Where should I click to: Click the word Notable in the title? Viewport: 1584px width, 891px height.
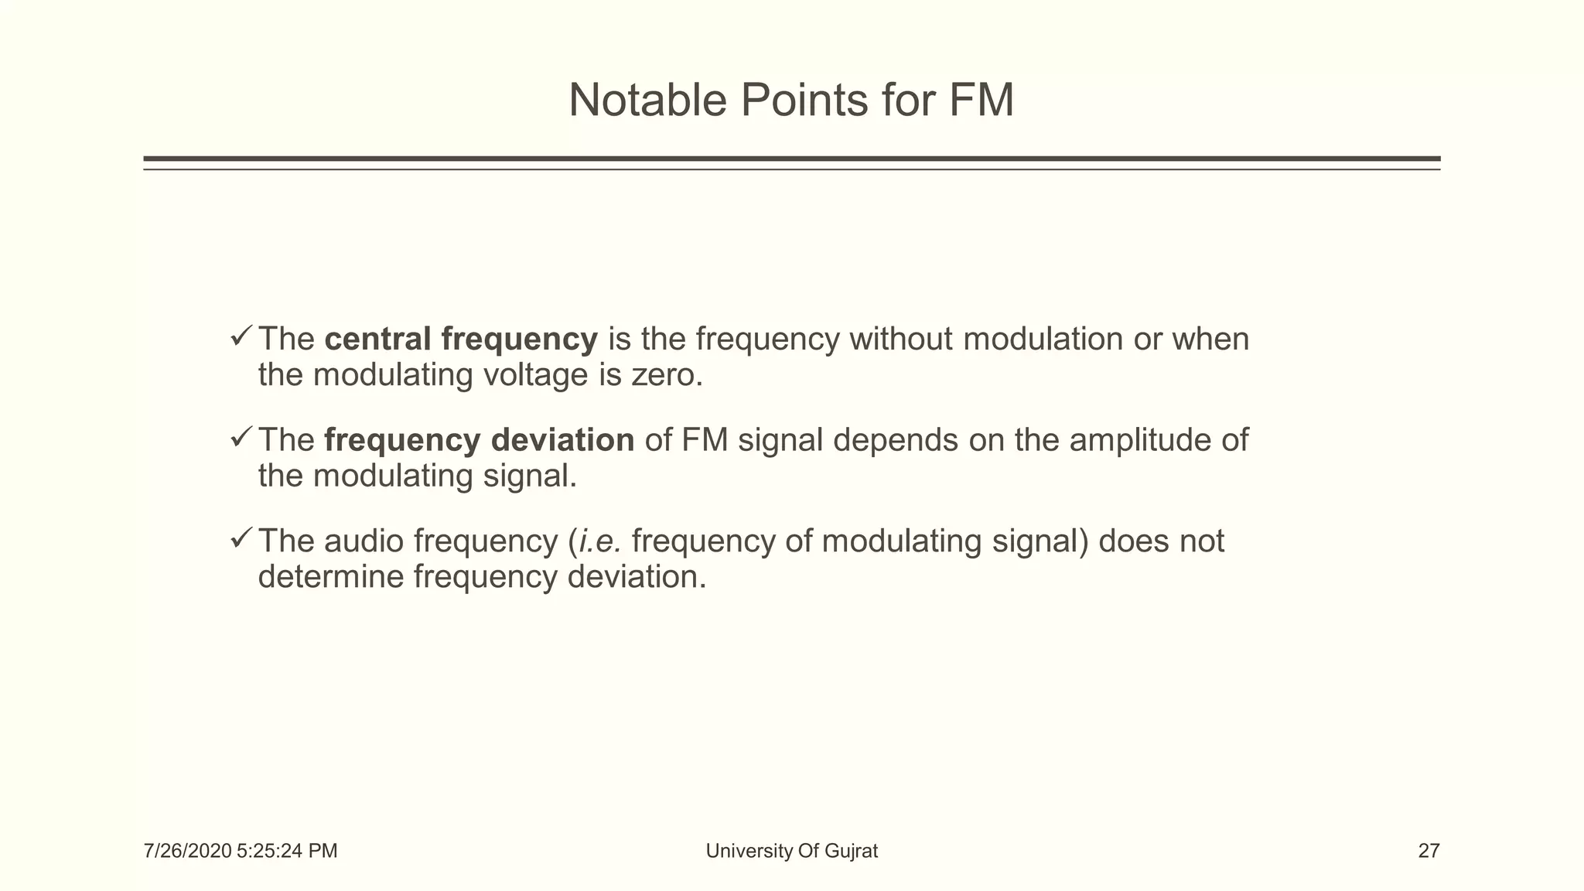(647, 101)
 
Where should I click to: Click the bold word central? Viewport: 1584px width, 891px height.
(377, 339)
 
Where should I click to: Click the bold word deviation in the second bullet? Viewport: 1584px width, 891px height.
(562, 440)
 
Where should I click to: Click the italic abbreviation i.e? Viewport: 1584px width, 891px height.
(599, 541)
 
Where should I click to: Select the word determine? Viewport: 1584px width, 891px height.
(330, 577)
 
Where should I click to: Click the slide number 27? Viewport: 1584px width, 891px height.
(1429, 852)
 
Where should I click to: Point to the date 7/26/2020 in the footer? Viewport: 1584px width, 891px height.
(187, 852)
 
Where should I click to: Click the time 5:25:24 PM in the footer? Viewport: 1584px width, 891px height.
(287, 852)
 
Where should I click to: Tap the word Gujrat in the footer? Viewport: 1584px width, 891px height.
(851, 852)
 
